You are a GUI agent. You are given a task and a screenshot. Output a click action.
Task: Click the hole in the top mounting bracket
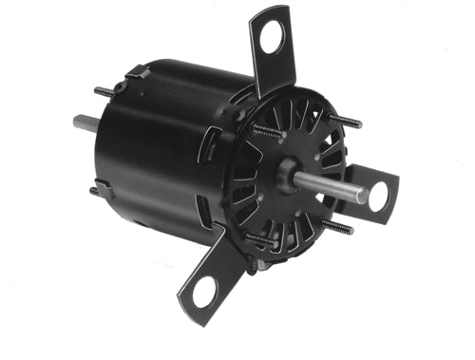pos(274,40)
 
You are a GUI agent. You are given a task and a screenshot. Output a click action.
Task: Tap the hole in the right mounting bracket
pos(379,197)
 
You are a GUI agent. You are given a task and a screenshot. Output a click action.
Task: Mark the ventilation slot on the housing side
pos(204,199)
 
